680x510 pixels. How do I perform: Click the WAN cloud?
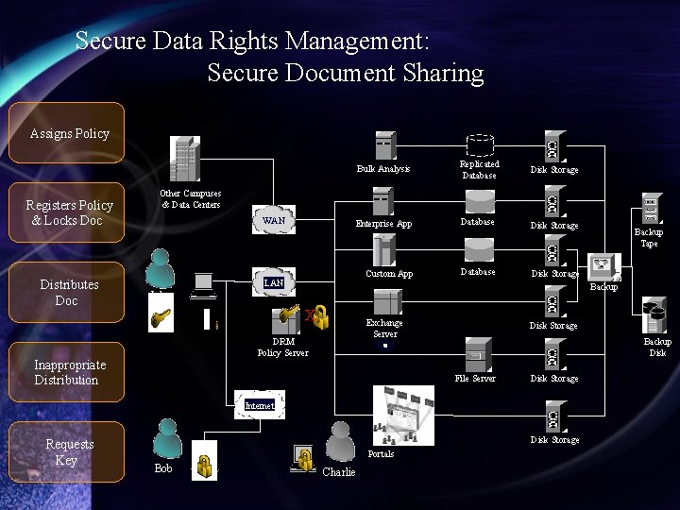[274, 220]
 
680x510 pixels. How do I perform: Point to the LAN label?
[273, 282]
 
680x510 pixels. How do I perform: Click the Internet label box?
[259, 405]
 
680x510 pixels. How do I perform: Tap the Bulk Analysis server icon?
[383, 145]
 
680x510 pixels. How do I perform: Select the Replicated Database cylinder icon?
[480, 145]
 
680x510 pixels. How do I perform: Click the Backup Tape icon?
[650, 208]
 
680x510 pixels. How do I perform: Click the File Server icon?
[476, 354]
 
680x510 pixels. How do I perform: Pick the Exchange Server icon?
[385, 302]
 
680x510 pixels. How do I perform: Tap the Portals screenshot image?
[403, 416]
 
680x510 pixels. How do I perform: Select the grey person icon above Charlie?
[339, 441]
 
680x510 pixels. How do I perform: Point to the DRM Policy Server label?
[282, 347]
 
